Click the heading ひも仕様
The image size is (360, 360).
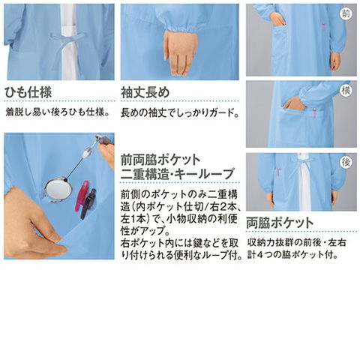click(x=28, y=92)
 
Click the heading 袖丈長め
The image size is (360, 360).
click(x=145, y=92)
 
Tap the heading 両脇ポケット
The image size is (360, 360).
click(x=280, y=223)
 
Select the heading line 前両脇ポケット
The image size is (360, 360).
click(x=160, y=160)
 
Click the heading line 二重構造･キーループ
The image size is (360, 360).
click(x=178, y=174)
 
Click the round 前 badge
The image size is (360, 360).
click(x=346, y=14)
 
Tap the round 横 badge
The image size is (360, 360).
click(x=346, y=91)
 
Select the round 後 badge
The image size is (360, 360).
click(x=346, y=163)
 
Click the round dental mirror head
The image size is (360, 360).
click(x=58, y=190)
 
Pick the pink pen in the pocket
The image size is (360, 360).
click(x=82, y=196)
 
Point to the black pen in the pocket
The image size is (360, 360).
click(x=88, y=204)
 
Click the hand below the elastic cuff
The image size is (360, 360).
click(x=181, y=53)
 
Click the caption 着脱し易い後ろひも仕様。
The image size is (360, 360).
click(x=58, y=112)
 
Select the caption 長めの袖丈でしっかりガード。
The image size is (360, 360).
click(x=180, y=113)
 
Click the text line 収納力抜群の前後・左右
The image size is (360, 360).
click(x=297, y=242)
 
